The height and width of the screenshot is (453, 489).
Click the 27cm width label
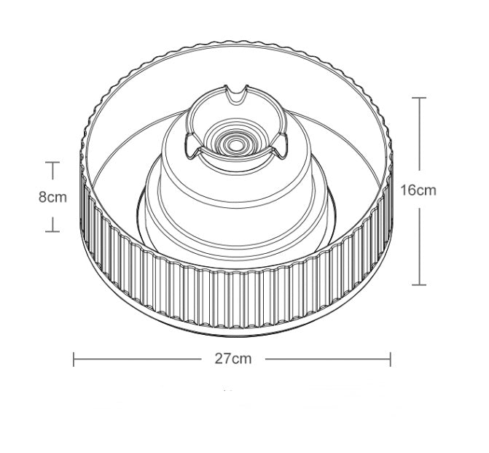(232, 359)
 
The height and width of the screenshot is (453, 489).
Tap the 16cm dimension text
(419, 190)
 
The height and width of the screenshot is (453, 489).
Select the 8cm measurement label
(52, 197)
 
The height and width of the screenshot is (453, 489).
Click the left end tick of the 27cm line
(74, 359)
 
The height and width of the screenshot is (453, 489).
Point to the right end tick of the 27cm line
(391, 359)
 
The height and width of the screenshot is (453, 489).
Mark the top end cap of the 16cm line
(419, 97)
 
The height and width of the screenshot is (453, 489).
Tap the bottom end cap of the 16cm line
(419, 284)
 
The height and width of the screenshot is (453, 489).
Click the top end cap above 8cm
(52, 163)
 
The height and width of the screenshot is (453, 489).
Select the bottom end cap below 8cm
(52, 231)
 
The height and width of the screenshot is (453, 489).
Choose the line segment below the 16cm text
(419, 244)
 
